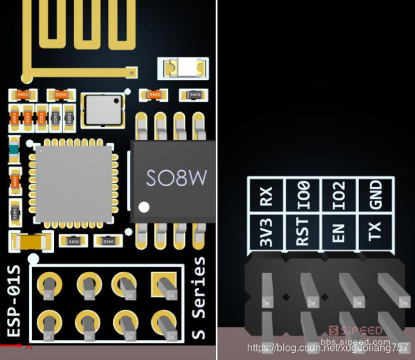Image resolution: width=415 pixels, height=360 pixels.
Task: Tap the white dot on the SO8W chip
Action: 145,207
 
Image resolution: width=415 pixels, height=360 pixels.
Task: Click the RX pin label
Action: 266,196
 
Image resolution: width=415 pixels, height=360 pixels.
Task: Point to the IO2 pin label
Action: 340,196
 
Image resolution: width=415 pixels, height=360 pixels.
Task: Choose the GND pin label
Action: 376,196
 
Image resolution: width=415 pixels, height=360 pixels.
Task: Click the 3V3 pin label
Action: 266,232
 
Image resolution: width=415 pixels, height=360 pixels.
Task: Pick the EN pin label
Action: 340,232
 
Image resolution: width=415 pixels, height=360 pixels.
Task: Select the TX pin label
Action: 376,232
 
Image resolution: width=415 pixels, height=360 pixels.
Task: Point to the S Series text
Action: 201,298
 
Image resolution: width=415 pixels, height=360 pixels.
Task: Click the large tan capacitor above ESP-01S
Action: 29,241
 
